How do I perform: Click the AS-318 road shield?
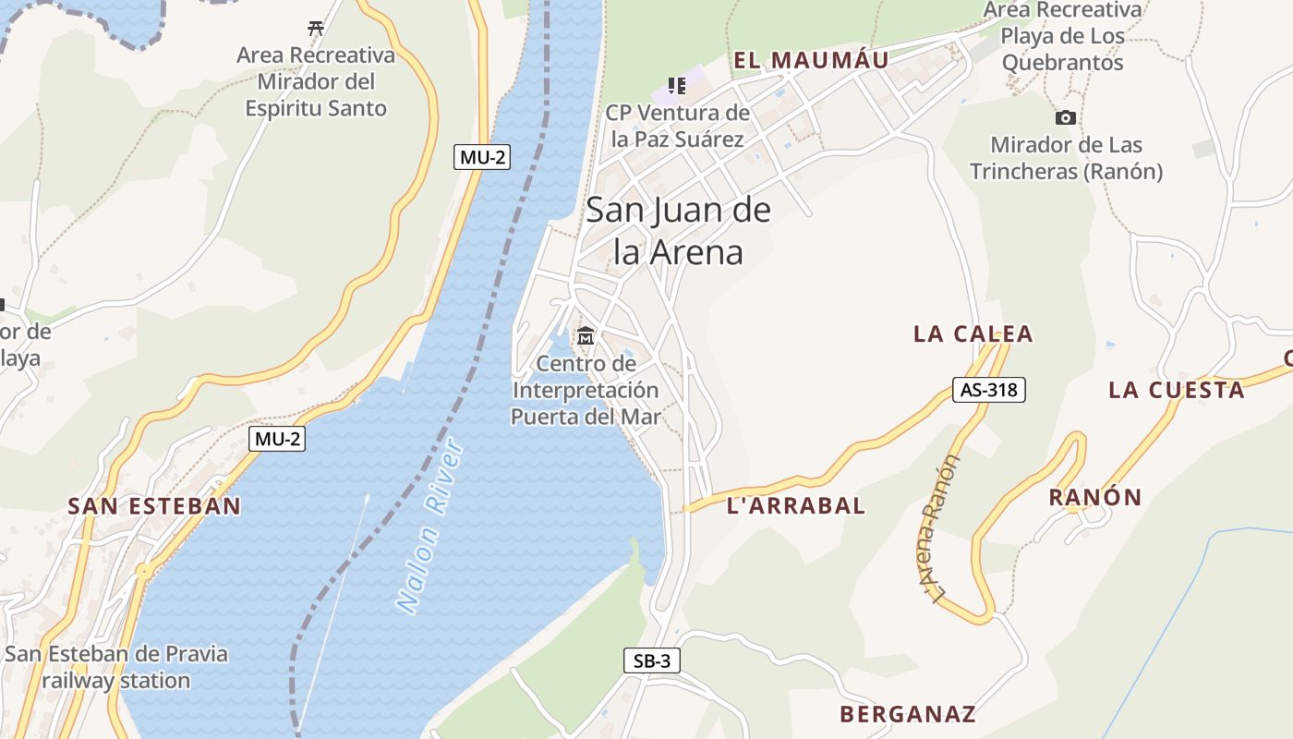click(x=989, y=390)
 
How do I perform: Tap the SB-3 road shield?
click(x=652, y=660)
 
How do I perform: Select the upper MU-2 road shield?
click(x=483, y=157)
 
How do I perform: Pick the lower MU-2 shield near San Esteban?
click(x=277, y=439)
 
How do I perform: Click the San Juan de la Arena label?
click(x=679, y=231)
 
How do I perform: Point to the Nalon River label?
click(x=431, y=527)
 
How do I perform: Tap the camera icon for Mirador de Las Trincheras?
click(x=1066, y=118)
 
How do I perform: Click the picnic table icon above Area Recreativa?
click(x=316, y=29)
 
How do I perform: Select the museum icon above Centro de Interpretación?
click(x=586, y=336)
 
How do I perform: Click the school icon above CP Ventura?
click(x=677, y=86)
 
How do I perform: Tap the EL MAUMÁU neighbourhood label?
click(x=811, y=61)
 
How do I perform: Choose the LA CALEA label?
click(x=973, y=334)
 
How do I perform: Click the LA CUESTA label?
click(x=1177, y=390)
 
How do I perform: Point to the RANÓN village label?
click(x=1095, y=498)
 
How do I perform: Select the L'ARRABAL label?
click(x=796, y=505)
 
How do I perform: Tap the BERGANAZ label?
click(x=908, y=714)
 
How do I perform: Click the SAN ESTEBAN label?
click(x=154, y=506)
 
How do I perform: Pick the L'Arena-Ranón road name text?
click(x=940, y=531)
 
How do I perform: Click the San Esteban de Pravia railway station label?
click(x=115, y=667)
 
